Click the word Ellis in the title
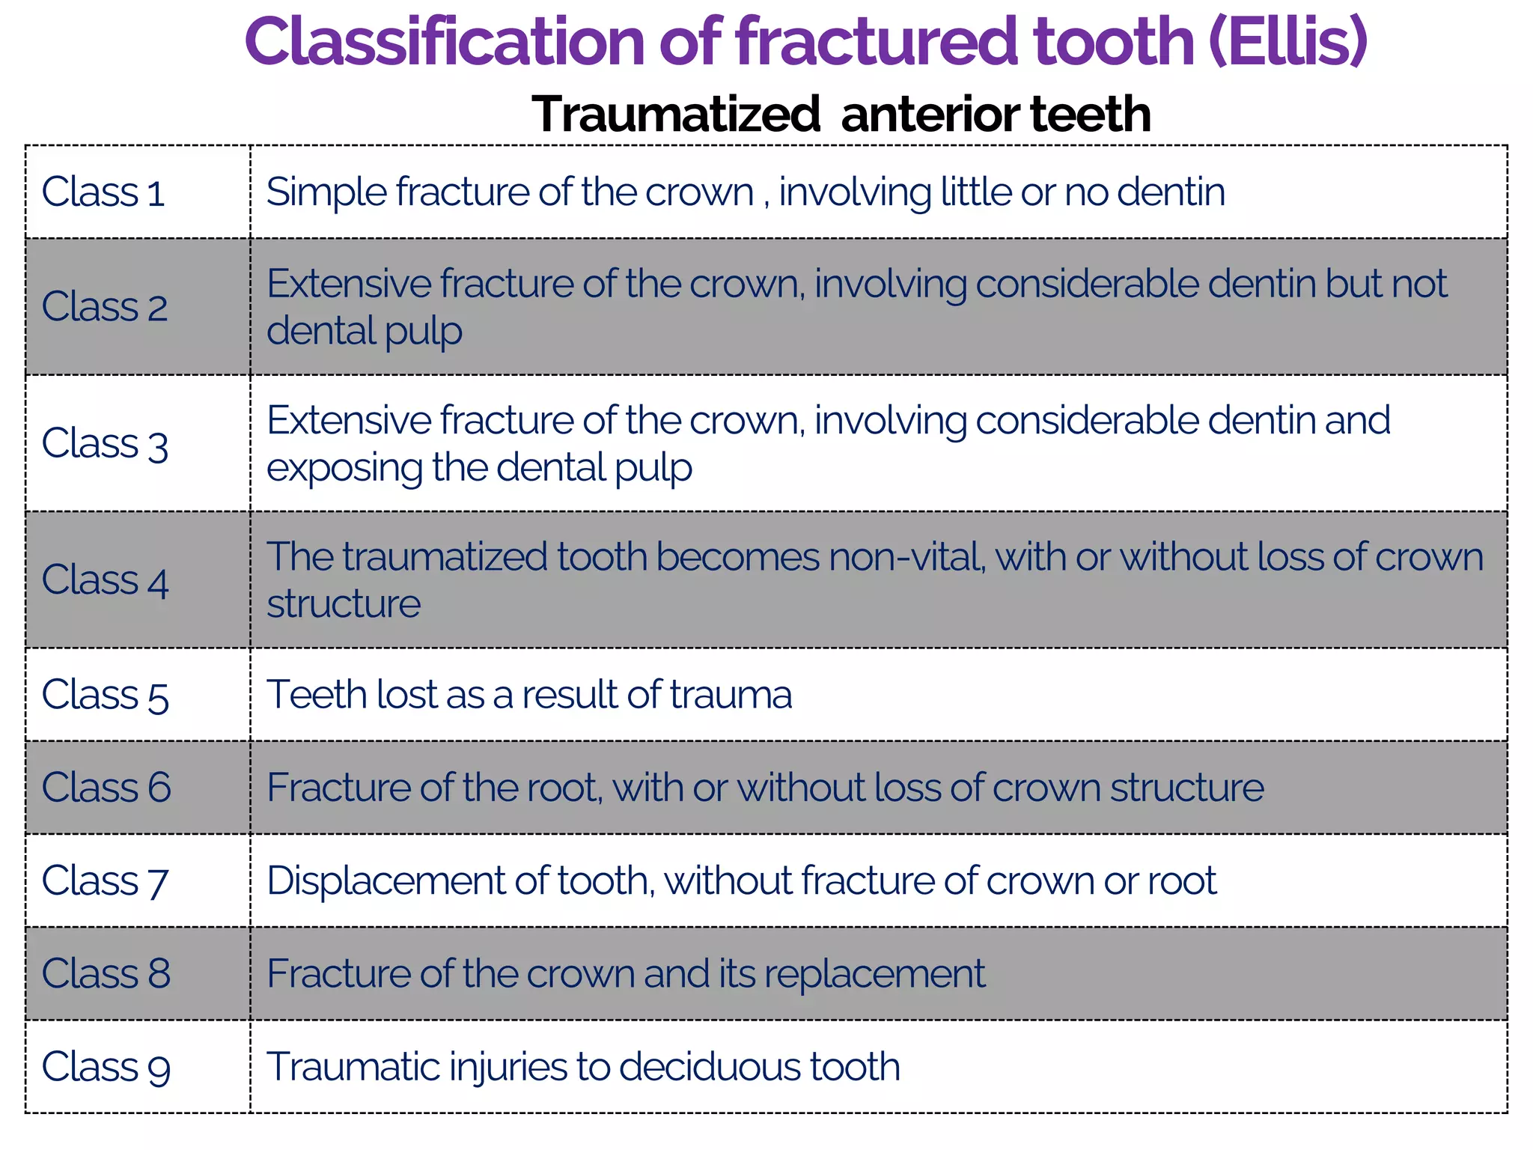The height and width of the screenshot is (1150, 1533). coord(1287,42)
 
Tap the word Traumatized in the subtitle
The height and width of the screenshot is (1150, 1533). coord(676,115)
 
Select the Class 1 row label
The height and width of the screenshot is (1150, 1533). coord(103,192)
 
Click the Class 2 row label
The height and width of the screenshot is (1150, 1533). coord(105,307)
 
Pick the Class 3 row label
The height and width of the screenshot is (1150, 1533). coord(105,443)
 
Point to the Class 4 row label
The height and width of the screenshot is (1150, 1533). coord(105,580)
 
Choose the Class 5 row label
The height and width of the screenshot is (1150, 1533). coord(105,695)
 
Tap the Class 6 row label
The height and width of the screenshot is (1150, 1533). coord(106,788)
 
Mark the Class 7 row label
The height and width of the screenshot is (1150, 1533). coord(105,880)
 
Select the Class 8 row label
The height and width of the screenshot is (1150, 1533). coord(106,973)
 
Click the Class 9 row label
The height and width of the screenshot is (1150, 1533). coord(106,1066)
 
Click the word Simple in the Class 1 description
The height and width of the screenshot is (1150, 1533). coord(326,192)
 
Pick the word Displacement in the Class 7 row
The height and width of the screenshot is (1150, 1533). coord(385,880)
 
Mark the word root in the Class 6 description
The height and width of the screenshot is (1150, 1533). coord(562,788)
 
